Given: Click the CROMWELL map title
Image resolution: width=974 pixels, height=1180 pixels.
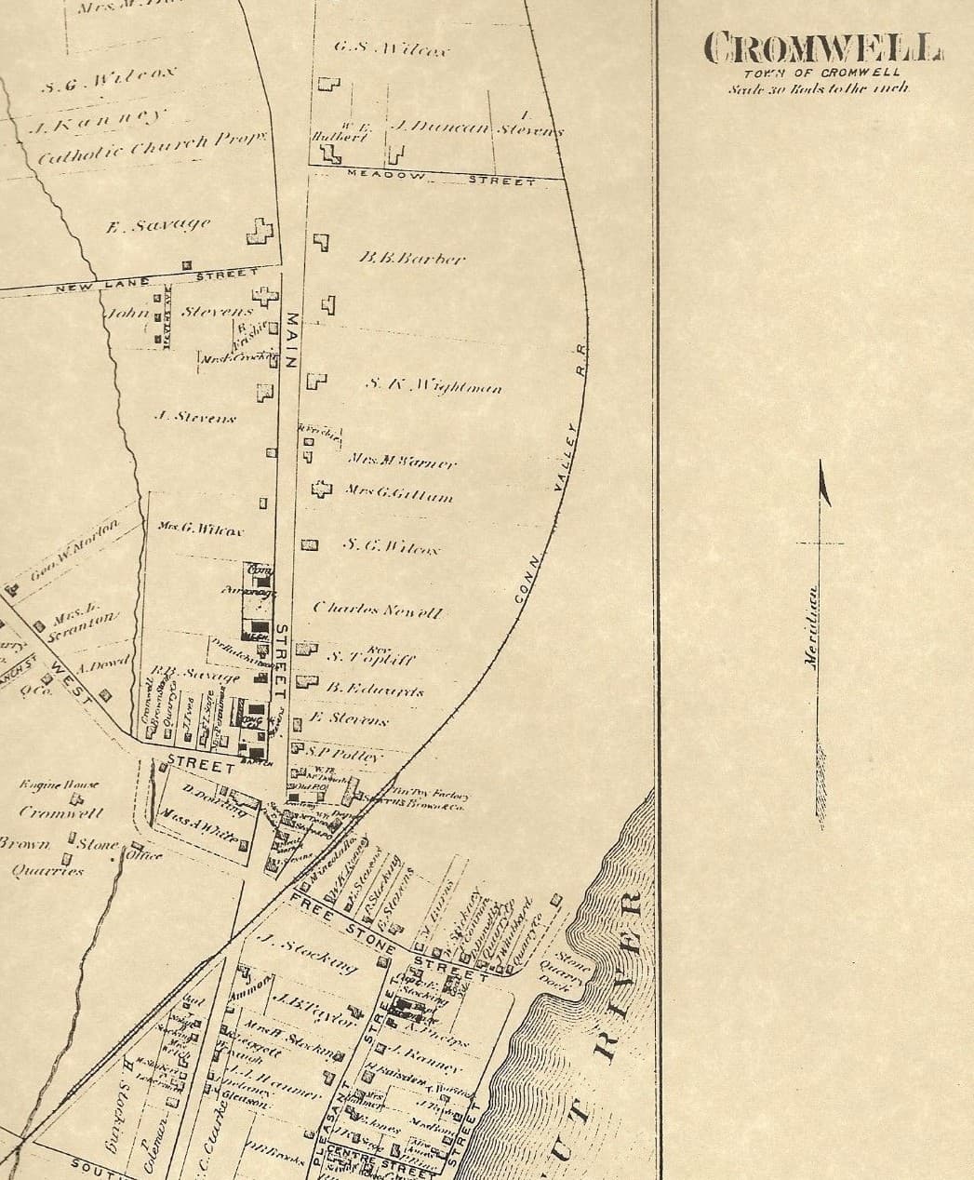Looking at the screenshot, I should [822, 47].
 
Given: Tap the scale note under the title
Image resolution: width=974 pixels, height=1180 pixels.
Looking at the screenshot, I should [820, 88].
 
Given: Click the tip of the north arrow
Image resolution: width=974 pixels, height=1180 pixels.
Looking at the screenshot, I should [822, 463].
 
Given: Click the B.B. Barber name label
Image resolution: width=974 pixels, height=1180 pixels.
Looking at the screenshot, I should [411, 258].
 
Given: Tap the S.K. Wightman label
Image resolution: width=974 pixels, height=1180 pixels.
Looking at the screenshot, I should [434, 385].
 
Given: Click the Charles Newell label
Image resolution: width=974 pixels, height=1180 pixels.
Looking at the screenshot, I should [378, 610].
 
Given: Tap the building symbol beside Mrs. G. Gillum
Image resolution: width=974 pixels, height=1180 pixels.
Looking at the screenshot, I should [320, 488].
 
